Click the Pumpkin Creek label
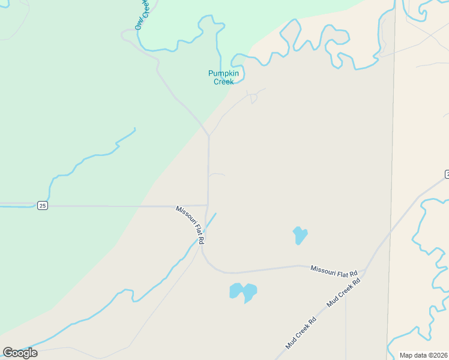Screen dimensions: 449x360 tap(223, 77)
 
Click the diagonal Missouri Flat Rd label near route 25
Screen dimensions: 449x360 tap(191, 224)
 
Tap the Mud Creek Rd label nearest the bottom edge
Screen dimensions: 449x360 tap(301, 333)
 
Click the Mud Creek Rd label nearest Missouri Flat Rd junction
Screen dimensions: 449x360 tap(343, 293)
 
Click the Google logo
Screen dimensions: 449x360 tap(20, 353)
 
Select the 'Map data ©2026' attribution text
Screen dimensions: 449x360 tap(423, 355)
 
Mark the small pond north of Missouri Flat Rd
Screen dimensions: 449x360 tap(300, 235)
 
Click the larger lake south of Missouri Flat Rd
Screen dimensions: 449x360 tap(243, 292)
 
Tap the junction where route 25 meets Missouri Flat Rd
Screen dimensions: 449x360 tap(208, 206)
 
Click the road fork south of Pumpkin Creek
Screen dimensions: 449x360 tap(208, 136)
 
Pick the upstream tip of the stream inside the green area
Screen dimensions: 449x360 tap(134, 128)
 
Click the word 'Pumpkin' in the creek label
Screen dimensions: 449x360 tap(223, 73)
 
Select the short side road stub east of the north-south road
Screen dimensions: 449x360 tap(217, 174)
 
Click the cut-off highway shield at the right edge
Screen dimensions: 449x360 tap(447, 174)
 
